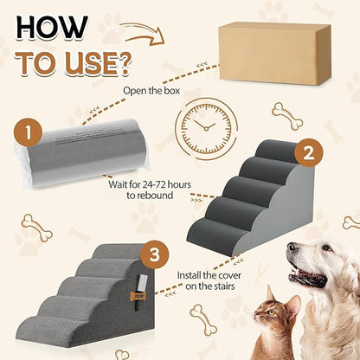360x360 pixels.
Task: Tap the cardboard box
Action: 274,54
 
